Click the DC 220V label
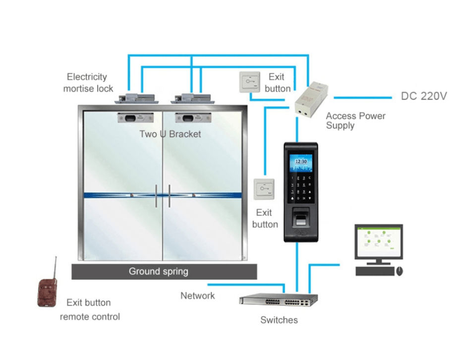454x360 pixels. [423, 96]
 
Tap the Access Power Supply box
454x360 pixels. [311, 100]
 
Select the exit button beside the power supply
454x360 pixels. [250, 82]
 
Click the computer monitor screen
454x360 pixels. [379, 241]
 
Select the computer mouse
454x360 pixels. [399, 271]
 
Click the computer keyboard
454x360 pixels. [375, 271]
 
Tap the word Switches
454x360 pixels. [279, 320]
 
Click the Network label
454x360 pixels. [198, 296]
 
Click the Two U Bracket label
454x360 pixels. [170, 134]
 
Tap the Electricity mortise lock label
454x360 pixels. [88, 83]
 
